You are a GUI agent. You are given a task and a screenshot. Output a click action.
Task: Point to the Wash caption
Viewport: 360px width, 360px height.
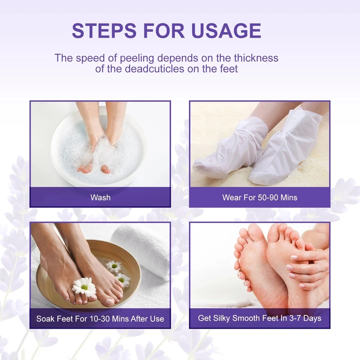pos(100,197)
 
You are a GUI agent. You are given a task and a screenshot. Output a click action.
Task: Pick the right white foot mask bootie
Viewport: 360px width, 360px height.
pos(288,147)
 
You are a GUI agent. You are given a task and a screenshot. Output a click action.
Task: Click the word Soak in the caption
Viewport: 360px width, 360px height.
pos(45,319)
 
